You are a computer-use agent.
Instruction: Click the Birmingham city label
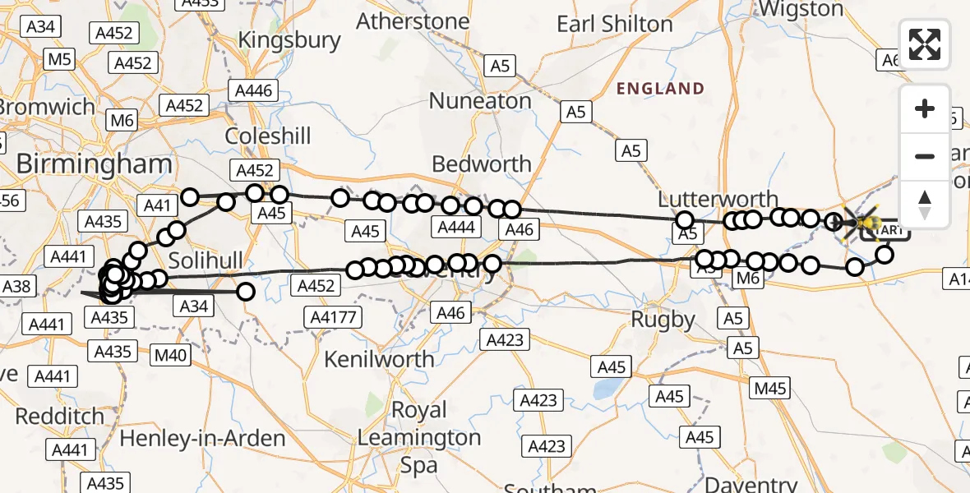(x=95, y=164)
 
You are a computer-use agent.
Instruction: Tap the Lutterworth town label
(x=718, y=199)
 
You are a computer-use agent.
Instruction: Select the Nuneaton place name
(x=481, y=100)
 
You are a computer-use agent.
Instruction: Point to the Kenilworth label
(x=379, y=359)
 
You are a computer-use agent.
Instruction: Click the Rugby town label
(x=663, y=319)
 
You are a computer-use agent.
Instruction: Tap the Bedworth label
(x=482, y=164)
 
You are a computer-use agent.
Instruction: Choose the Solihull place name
(x=206, y=261)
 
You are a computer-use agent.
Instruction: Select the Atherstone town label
(x=413, y=21)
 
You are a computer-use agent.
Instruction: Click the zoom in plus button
(x=925, y=109)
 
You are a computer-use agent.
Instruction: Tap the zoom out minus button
(x=925, y=156)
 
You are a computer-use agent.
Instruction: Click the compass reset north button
(x=925, y=203)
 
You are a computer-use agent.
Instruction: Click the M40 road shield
(x=172, y=355)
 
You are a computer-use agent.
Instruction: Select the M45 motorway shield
(x=770, y=389)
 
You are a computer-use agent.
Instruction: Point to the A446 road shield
(x=253, y=91)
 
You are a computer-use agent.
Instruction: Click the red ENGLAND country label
(x=661, y=89)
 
